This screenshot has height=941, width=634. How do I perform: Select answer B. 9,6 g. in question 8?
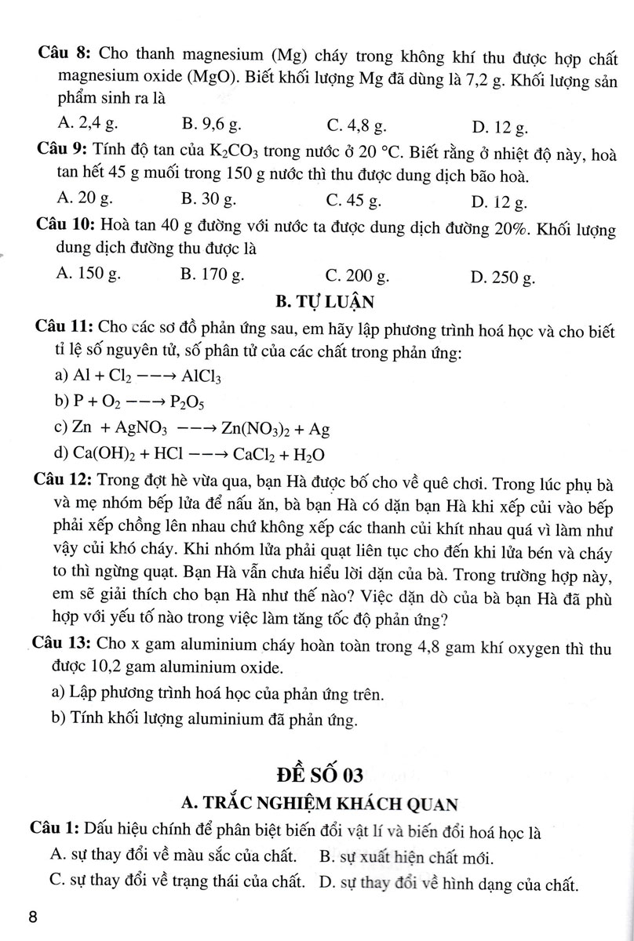click(212, 123)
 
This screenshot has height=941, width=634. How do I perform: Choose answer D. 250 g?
click(503, 276)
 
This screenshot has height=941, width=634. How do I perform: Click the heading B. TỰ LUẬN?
click(316, 300)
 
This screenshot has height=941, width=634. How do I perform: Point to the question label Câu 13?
click(62, 644)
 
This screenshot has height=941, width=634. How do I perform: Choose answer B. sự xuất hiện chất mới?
click(411, 856)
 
